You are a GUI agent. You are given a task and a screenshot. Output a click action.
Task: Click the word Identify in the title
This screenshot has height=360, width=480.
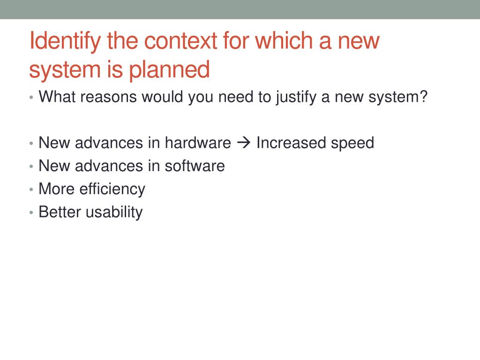click(x=65, y=41)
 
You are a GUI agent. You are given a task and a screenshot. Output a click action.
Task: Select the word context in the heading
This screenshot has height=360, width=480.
click(x=180, y=40)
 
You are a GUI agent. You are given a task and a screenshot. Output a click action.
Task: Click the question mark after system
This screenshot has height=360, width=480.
click(x=423, y=97)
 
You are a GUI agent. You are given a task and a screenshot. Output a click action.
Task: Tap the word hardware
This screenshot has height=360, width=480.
click(x=198, y=142)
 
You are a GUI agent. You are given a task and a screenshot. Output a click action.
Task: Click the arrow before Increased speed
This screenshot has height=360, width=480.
click(x=244, y=142)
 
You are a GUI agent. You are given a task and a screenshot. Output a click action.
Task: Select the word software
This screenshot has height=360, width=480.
click(x=195, y=166)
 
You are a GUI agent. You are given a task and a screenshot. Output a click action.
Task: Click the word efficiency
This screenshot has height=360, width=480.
click(x=112, y=189)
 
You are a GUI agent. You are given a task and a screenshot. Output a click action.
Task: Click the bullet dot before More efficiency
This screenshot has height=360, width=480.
click(x=31, y=189)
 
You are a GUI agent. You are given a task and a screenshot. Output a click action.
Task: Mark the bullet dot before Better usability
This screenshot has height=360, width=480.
click(x=31, y=212)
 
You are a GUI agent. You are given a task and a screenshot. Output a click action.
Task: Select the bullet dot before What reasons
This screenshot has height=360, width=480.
click(x=31, y=97)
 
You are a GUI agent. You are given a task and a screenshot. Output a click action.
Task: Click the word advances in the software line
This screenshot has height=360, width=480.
click(x=109, y=166)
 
